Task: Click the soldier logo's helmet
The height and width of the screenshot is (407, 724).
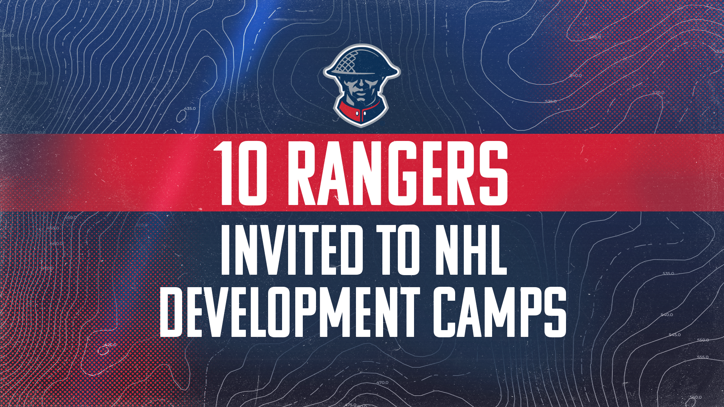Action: point(362,62)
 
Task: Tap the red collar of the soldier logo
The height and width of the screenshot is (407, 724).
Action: point(361,111)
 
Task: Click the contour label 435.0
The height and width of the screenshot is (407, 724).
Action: point(190,109)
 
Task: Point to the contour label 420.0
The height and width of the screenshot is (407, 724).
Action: point(110,345)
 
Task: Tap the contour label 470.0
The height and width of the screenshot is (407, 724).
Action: point(382,383)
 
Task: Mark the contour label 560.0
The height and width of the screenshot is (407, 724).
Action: point(696,397)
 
